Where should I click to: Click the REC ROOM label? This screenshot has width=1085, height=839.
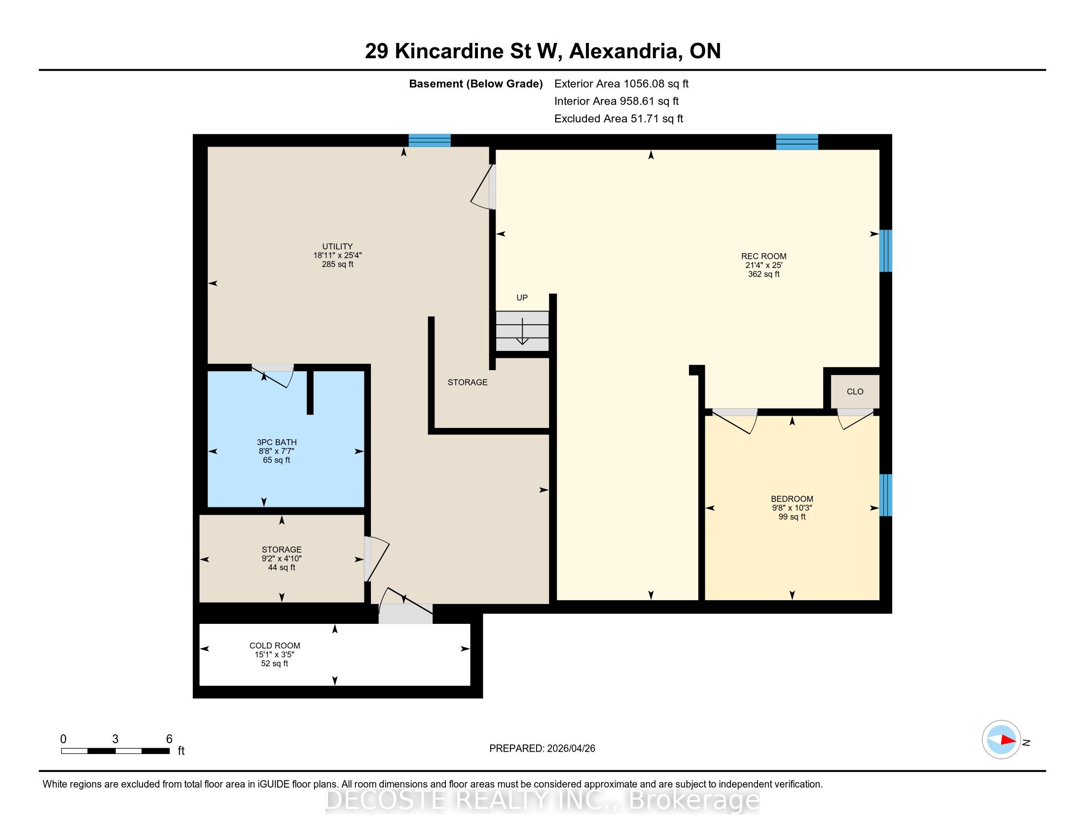(x=763, y=257)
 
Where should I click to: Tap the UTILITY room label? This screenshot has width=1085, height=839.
(x=337, y=247)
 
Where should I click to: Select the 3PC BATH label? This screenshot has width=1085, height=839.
(x=277, y=442)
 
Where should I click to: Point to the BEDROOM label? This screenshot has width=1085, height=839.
(x=792, y=499)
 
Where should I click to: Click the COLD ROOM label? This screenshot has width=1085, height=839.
(x=275, y=646)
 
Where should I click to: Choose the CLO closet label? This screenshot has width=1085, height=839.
(x=855, y=392)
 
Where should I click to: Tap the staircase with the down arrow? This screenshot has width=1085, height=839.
(x=522, y=331)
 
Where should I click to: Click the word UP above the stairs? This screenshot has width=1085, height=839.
(x=522, y=298)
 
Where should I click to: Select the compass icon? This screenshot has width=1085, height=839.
(x=1001, y=740)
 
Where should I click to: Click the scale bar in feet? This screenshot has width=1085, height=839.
(x=115, y=751)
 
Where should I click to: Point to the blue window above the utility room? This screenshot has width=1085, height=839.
(x=430, y=141)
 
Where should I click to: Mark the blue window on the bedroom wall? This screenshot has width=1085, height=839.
(x=886, y=495)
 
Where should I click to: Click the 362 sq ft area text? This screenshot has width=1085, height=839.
(x=763, y=274)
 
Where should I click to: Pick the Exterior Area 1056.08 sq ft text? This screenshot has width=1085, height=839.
(x=621, y=84)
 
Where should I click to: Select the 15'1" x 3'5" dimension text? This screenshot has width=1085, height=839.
(x=275, y=654)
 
